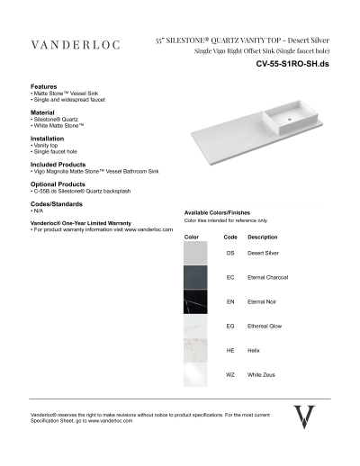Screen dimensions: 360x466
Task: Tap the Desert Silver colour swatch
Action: click(x=196, y=254)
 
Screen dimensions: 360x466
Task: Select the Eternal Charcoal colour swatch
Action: click(x=196, y=277)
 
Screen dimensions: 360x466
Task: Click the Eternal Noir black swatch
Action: click(x=196, y=301)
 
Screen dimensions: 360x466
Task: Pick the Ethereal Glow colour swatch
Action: click(x=196, y=325)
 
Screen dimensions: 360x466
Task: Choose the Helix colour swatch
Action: click(x=196, y=349)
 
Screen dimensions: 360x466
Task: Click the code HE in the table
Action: click(x=230, y=349)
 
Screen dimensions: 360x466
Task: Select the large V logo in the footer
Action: click(x=305, y=417)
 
